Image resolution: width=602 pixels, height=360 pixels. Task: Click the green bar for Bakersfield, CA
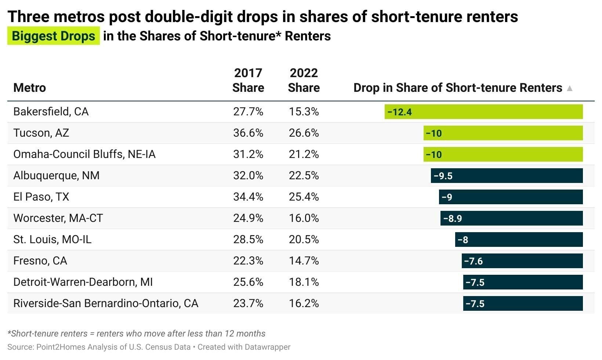coord(483,112)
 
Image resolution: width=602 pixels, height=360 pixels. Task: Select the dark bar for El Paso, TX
coord(511,197)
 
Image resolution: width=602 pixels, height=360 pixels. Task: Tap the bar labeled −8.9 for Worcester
coord(511,218)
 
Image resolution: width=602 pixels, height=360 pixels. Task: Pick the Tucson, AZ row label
coord(41,133)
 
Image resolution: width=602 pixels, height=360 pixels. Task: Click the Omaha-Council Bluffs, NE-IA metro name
coord(84,154)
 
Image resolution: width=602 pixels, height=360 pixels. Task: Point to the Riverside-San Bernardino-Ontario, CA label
coord(106,303)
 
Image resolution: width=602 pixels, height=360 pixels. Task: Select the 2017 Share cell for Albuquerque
coord(248,176)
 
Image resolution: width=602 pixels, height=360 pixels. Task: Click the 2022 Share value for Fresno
coord(304,261)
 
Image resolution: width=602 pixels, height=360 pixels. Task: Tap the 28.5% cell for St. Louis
coord(248,240)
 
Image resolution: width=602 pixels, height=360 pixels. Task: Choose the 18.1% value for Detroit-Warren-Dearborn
coord(304,282)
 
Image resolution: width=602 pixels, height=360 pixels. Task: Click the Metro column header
coord(30,88)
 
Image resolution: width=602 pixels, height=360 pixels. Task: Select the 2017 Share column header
coord(248,80)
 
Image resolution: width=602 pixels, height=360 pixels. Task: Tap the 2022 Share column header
coord(304,80)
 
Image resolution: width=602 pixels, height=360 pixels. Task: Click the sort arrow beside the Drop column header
coord(570,88)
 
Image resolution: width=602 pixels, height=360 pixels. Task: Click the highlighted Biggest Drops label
coord(54,36)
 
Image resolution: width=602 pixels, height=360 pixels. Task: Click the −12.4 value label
coord(399,112)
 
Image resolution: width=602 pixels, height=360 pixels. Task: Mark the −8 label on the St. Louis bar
coord(463,240)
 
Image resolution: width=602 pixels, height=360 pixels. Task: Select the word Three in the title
coord(28,17)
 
